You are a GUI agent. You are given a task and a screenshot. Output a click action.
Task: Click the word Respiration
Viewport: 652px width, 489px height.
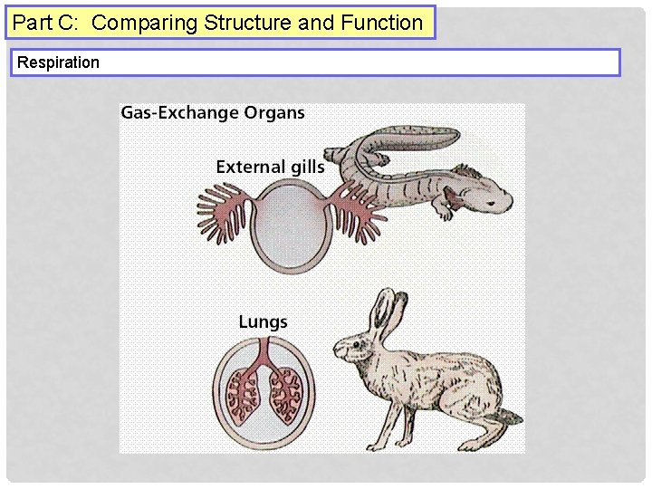pyautogui.click(x=59, y=62)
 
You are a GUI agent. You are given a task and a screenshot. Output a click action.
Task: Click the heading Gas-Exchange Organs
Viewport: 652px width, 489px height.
pyautogui.click(x=213, y=113)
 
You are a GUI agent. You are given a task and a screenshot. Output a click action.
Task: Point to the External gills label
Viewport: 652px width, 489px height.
pyautogui.click(x=270, y=167)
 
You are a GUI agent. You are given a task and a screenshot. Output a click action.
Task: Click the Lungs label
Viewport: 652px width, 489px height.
pyautogui.click(x=263, y=321)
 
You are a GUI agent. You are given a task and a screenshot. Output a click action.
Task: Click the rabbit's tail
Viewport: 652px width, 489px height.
pyautogui.click(x=512, y=416)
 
